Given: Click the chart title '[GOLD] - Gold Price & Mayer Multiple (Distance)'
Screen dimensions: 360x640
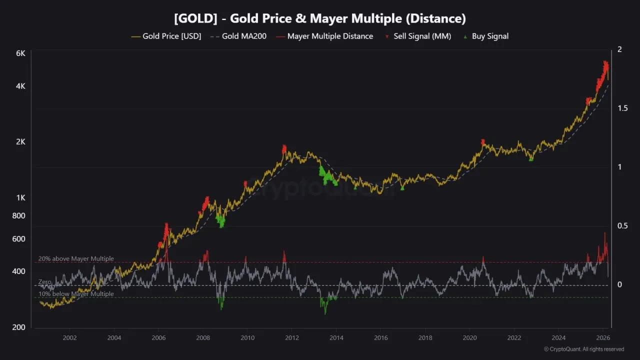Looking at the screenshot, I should [320, 18].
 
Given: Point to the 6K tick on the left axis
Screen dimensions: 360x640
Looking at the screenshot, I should [20, 53].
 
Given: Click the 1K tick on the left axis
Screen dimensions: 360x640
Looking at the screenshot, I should [20, 197].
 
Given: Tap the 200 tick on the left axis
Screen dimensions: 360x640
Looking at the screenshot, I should [18, 327].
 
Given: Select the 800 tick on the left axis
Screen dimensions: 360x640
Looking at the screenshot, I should [18, 215].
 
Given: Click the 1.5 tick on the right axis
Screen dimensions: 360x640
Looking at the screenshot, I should [622, 108].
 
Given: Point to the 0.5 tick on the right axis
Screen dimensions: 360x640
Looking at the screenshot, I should [622, 225].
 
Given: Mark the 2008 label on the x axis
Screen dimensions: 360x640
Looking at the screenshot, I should [202, 337].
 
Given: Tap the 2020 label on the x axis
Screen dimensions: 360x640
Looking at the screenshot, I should [469, 337].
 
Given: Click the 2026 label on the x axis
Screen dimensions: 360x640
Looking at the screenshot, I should [602, 337].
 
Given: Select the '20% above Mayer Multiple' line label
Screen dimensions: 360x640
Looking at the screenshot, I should [76, 258].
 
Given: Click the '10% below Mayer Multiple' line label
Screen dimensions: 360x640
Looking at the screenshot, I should [76, 294].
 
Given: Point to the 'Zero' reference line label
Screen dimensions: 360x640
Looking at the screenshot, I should [45, 282].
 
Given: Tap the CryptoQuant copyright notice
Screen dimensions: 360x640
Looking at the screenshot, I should [583, 349].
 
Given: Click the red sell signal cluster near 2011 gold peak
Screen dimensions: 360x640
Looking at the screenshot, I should [284, 149].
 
